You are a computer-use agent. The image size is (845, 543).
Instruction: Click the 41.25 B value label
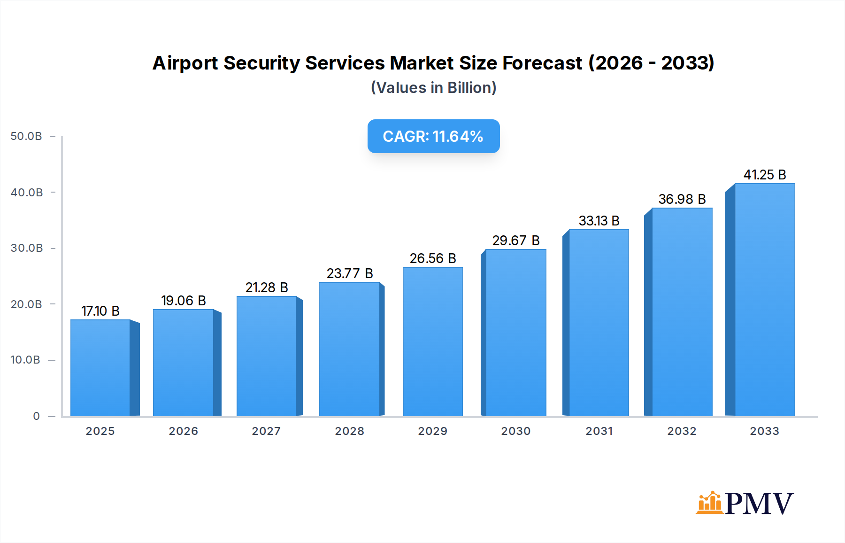point(764,175)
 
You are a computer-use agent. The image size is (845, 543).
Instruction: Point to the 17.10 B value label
point(100,311)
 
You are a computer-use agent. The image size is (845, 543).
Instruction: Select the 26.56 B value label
point(432,258)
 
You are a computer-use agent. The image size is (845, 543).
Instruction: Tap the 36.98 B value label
point(682,199)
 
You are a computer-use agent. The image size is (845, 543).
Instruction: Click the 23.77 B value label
point(350,273)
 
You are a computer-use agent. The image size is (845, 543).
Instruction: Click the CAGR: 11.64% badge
point(433,136)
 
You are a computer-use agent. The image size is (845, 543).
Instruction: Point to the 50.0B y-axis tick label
point(26,136)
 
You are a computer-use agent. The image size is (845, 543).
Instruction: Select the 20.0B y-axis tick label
point(26,304)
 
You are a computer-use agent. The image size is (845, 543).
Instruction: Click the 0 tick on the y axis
point(36,416)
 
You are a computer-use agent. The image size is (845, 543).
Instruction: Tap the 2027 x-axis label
point(266,431)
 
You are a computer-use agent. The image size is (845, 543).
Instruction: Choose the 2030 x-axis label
point(515,431)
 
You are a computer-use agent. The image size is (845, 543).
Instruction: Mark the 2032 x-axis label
point(682,431)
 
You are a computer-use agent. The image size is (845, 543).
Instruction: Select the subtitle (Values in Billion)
point(433,88)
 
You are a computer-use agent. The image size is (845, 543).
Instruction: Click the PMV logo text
point(759,504)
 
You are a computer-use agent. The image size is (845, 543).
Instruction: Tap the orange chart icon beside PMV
point(709,503)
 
